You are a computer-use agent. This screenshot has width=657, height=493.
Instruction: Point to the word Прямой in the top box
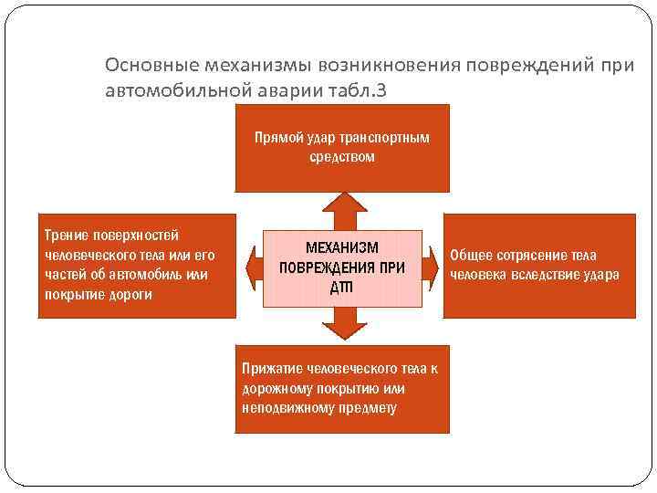point(278,139)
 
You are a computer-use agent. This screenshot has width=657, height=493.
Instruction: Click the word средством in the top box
point(341,157)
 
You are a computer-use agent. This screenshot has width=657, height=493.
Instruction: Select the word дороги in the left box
point(130,294)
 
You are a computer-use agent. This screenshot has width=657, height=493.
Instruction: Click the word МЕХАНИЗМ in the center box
point(341,248)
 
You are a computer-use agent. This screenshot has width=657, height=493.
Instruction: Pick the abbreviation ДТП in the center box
point(341,288)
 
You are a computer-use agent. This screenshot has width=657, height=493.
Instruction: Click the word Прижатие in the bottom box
point(269,369)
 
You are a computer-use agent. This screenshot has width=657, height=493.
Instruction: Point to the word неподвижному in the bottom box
point(281,408)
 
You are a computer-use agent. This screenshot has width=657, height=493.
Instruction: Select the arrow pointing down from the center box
point(342,324)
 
